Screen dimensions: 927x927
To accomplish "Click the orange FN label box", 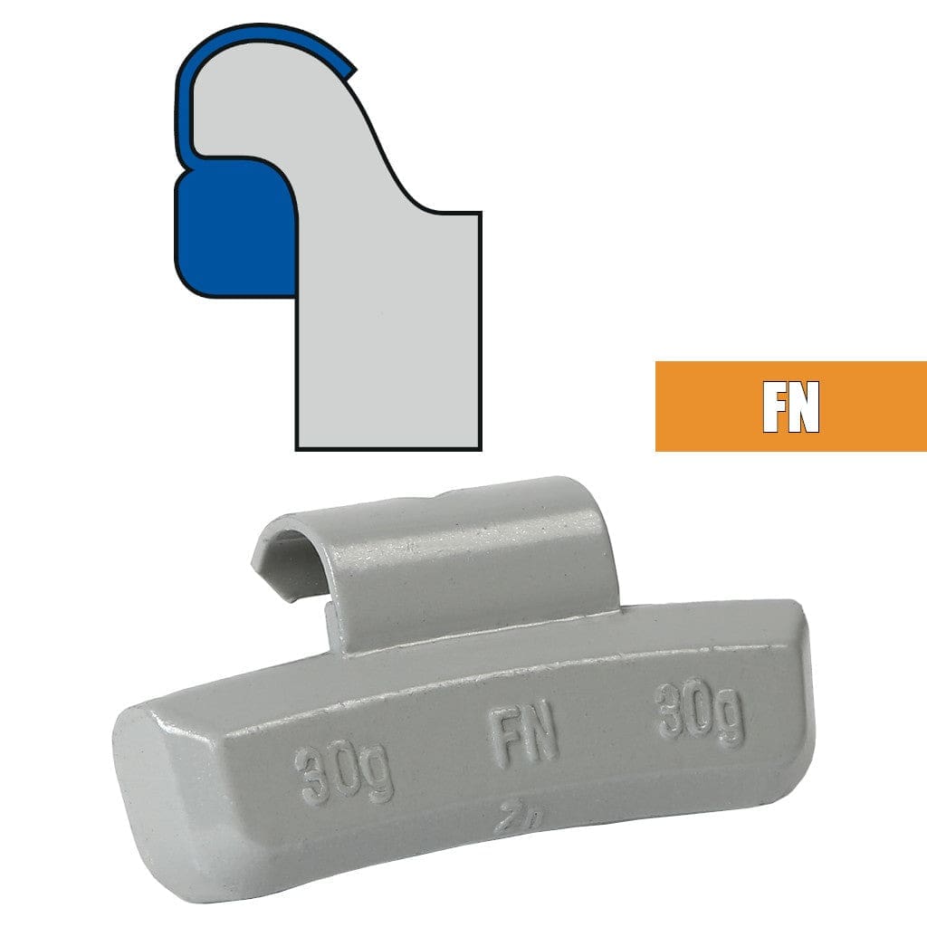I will coord(790,406).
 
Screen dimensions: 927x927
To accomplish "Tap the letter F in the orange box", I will coord(775,407).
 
